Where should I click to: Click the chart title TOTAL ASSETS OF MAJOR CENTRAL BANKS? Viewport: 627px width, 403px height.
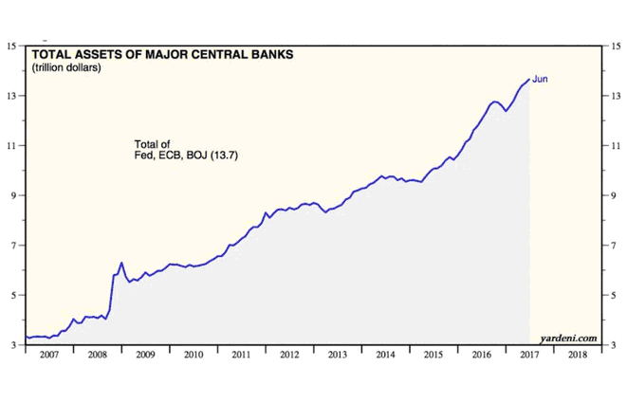tap(163, 55)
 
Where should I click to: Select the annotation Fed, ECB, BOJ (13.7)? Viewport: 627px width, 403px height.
tap(185, 155)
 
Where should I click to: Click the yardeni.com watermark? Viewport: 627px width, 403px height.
tap(569, 337)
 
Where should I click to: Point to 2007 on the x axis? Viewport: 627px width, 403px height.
tap(49, 355)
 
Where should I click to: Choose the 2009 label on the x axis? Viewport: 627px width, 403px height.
tap(145, 355)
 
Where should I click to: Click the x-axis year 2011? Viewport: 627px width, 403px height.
tap(241, 355)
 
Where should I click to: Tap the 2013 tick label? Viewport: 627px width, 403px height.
tap(337, 355)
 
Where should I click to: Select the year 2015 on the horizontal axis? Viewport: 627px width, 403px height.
tap(433, 355)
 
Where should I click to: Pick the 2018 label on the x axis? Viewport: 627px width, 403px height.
tap(576, 355)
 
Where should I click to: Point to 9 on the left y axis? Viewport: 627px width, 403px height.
tap(13, 195)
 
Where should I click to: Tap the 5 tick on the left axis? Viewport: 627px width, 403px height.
tap(13, 295)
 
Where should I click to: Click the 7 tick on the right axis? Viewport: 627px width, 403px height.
tap(613, 246)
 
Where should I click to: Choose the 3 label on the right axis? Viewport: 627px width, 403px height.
tap(613, 345)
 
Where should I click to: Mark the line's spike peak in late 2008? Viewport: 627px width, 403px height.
tap(121, 263)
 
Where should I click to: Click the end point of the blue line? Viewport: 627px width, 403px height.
tap(528, 79)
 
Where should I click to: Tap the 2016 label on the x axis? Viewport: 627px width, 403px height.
tap(480, 355)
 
